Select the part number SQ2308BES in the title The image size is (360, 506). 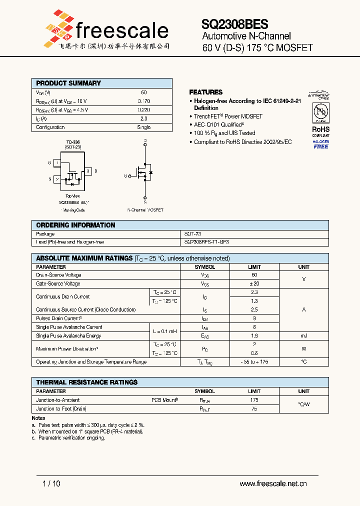click(x=234, y=24)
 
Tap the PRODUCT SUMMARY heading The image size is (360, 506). click(x=68, y=83)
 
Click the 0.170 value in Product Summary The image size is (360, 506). click(x=143, y=101)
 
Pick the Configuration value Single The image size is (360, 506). click(x=143, y=127)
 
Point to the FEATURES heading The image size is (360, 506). click(x=205, y=92)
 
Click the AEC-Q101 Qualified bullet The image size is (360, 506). click(x=219, y=124)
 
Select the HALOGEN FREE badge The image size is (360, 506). click(x=320, y=144)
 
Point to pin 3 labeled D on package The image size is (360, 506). click(x=88, y=171)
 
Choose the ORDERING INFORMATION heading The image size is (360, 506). click(x=75, y=225)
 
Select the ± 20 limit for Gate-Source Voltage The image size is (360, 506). click(x=254, y=283)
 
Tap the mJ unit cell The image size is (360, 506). click(x=303, y=336)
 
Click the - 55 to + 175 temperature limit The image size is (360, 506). click(x=254, y=361)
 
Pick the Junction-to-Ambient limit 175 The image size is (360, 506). click(x=254, y=400)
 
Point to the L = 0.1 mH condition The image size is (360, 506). click(x=165, y=331)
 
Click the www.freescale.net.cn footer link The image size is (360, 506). click(x=273, y=483)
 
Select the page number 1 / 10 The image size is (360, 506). click(x=51, y=483)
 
